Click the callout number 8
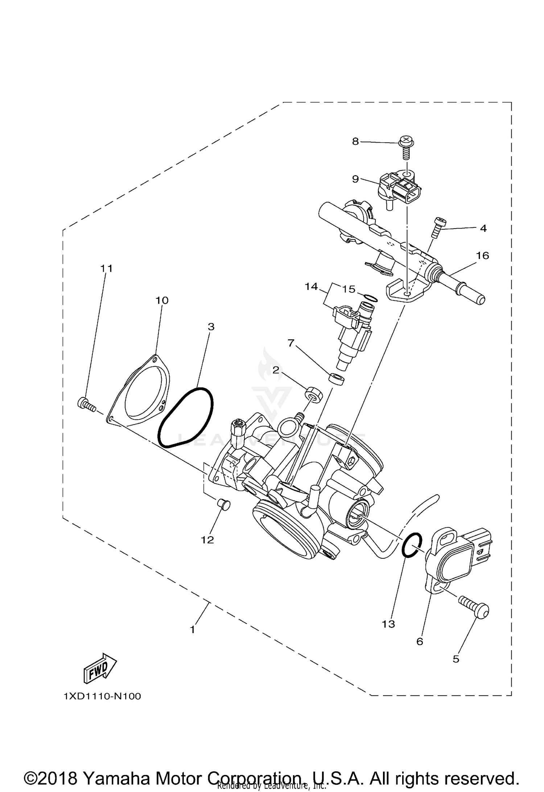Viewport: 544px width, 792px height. pyautogui.click(x=355, y=141)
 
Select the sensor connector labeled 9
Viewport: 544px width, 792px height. pyautogui.click(x=401, y=189)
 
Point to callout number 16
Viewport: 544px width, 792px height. pyautogui.click(x=483, y=256)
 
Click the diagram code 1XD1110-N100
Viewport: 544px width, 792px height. pyautogui.click(x=102, y=697)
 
